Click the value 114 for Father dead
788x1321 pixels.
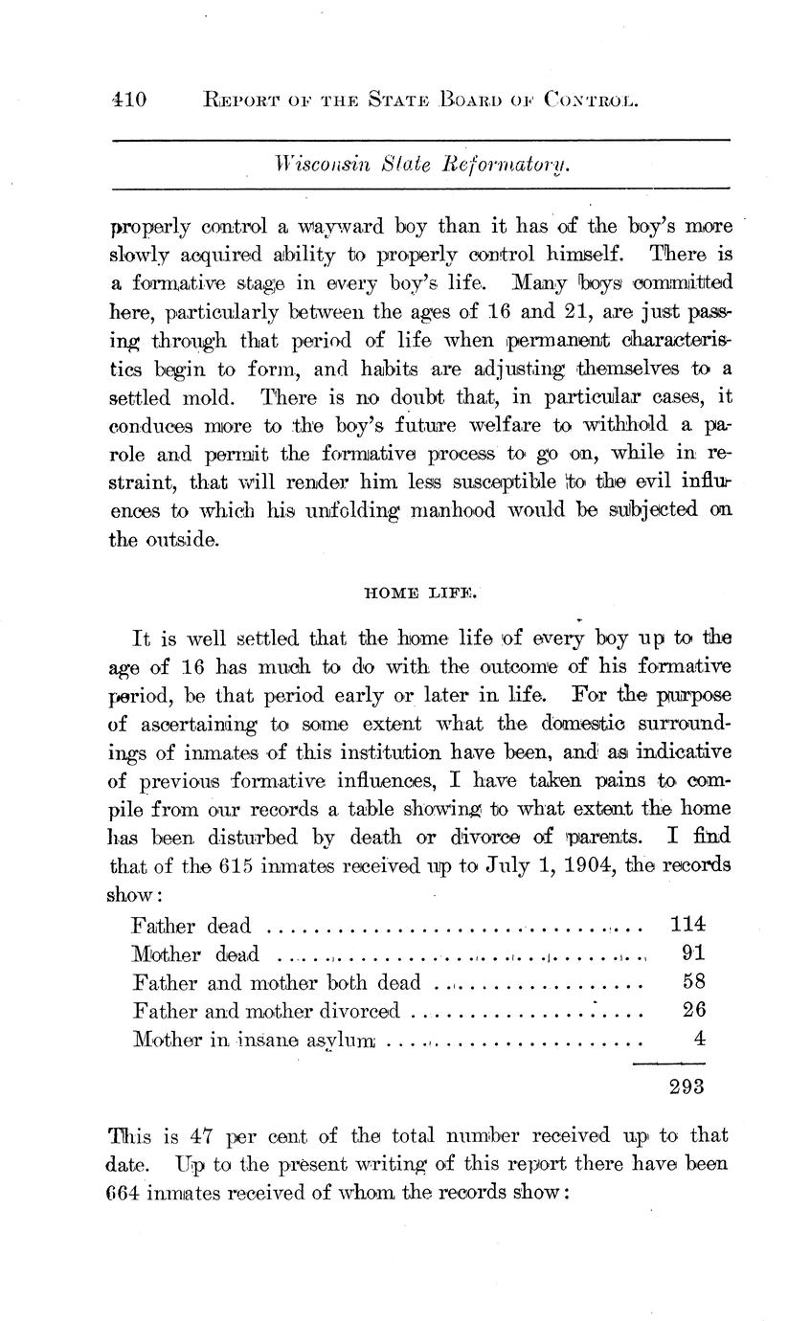687,924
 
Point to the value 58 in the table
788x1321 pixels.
693,981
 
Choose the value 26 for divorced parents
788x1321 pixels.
693,1010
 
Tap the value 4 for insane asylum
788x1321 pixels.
699,1038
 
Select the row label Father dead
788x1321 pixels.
191,926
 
